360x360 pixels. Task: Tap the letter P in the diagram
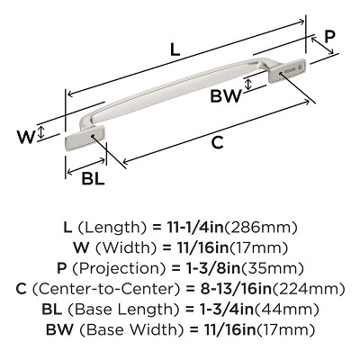tap(330, 37)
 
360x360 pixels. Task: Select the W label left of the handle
tap(26, 137)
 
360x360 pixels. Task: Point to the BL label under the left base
tap(93, 178)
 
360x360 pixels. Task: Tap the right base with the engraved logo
tap(292, 70)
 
